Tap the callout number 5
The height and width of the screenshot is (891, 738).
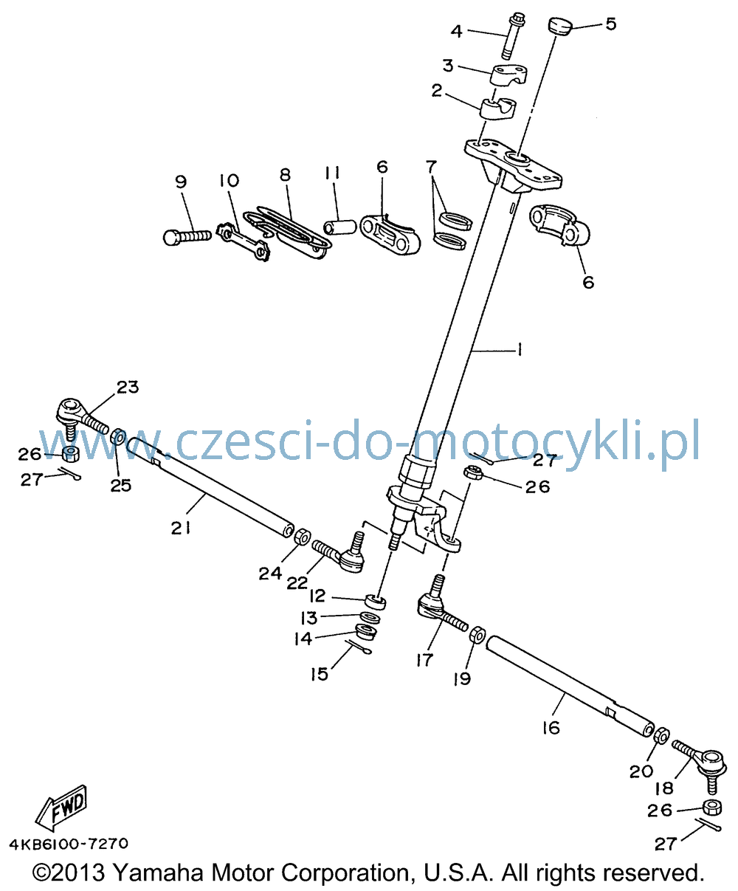point(611,24)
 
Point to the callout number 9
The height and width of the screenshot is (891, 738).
point(182,182)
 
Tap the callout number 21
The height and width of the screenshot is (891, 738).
point(181,529)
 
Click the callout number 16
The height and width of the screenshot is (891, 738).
point(551,728)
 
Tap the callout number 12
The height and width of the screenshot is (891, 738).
point(317,596)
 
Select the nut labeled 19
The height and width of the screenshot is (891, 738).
point(477,635)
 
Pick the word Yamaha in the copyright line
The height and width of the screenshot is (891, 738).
point(159,873)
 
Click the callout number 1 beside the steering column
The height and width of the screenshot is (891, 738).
point(519,351)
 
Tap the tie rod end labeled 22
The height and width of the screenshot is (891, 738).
point(339,553)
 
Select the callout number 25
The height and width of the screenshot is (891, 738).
point(121,485)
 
